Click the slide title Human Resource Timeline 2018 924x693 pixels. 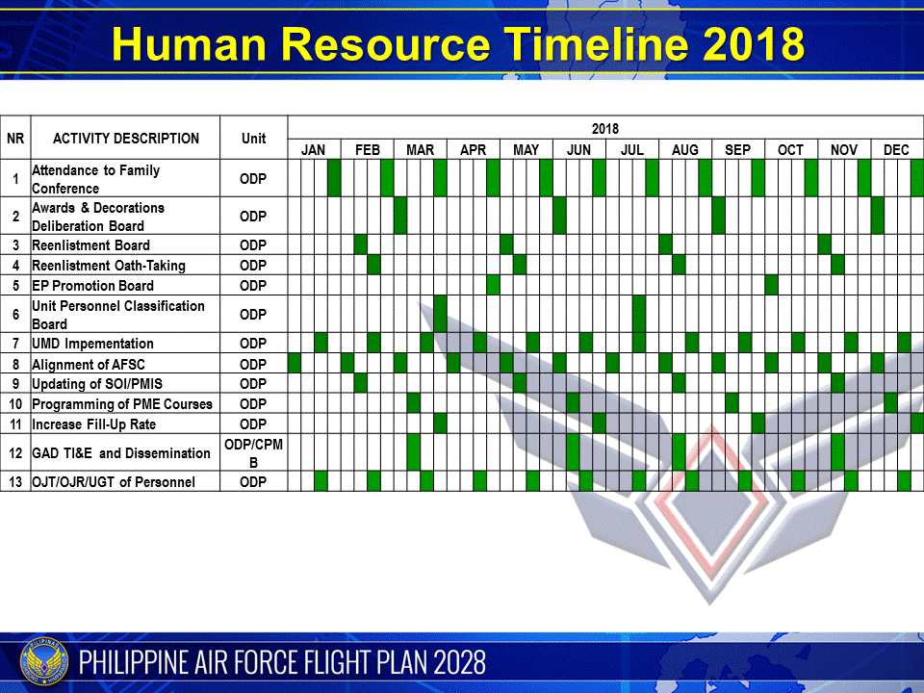tap(457, 44)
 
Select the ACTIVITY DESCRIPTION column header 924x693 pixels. tap(126, 139)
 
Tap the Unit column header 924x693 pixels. tap(253, 139)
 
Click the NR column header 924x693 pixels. tap(15, 139)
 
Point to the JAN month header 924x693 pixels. tap(313, 150)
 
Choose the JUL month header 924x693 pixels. tap(632, 150)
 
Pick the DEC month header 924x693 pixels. tap(896, 150)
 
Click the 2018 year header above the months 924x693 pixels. tap(605, 128)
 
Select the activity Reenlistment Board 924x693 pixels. tap(91, 245)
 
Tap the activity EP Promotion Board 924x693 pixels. tap(92, 286)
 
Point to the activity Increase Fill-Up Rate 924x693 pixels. tap(93, 424)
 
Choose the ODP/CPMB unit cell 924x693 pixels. tap(253, 453)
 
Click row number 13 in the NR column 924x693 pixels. tap(15, 481)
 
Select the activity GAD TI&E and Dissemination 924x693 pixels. tap(121, 453)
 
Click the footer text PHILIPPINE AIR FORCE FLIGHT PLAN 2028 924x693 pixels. tap(283, 663)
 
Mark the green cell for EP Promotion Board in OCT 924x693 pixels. tap(771, 286)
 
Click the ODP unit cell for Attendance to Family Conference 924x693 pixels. tap(253, 179)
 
